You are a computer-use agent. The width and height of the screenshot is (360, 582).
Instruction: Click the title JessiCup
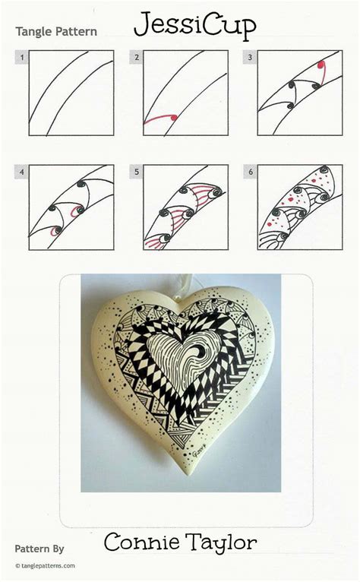(x=194, y=26)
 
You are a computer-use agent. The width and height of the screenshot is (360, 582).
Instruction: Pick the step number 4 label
(x=24, y=172)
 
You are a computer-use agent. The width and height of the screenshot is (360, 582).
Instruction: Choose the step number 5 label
(x=137, y=172)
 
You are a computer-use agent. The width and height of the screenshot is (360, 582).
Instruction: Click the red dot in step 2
(x=174, y=117)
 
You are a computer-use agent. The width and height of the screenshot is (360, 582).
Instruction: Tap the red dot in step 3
(x=322, y=66)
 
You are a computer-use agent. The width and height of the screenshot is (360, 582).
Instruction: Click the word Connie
(x=139, y=542)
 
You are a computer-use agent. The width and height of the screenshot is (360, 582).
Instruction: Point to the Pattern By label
(x=39, y=548)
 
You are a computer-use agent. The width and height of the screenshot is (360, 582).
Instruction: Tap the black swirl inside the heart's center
(x=201, y=351)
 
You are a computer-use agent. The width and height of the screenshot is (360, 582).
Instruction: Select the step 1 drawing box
(x=71, y=93)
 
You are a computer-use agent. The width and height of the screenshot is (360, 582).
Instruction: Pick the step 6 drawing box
(x=299, y=207)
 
